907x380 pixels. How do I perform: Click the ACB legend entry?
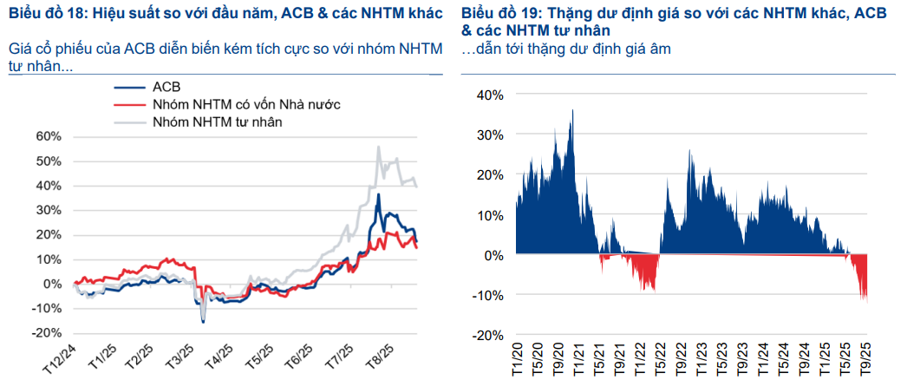166,87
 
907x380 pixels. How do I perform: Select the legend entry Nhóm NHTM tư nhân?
218,122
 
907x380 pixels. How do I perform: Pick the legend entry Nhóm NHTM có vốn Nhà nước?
245,104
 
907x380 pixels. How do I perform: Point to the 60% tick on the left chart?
48,136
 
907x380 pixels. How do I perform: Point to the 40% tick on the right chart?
487,95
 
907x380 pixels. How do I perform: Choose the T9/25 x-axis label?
864,357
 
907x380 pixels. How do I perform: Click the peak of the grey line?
378,148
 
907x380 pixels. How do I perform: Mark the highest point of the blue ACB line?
378,195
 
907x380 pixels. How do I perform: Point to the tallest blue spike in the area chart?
572,110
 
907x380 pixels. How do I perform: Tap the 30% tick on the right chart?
487,134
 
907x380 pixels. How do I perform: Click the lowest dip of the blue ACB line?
203,322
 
